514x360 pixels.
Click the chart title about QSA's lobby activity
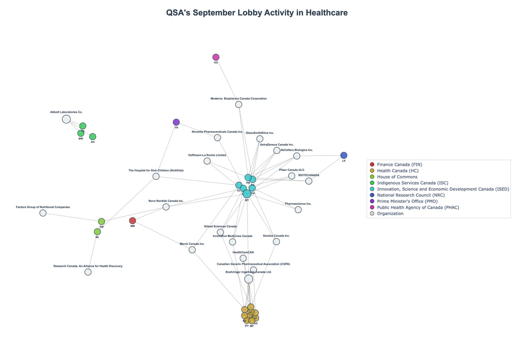coord(257,13)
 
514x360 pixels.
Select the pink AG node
coord(216,57)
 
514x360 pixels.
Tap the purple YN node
coord(176,122)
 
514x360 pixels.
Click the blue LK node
coord(344,155)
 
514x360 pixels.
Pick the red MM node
coord(132,221)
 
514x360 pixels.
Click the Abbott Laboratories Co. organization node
coord(66,119)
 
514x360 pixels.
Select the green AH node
coord(93,137)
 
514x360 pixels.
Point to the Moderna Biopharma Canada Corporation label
coord(239,99)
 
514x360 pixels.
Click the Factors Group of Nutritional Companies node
coord(43,213)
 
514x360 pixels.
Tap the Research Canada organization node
coord(88,272)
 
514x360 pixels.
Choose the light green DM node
coord(102,222)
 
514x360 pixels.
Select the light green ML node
coord(97,232)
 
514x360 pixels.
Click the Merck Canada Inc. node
coord(192,249)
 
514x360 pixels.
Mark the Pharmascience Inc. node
coord(298,210)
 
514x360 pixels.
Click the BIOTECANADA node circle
coord(309,181)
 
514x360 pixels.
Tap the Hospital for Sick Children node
coord(156,176)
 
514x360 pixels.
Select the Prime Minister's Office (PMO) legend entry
coord(407,201)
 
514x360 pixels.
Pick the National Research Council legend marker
coord(372,195)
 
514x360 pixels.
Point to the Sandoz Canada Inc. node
coord(276,241)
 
